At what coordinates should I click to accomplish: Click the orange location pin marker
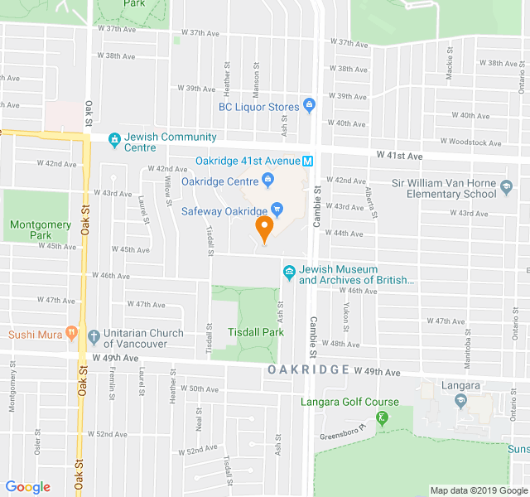(264, 228)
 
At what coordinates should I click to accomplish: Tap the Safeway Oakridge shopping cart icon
(277, 210)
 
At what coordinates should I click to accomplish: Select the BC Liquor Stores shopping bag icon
(309, 105)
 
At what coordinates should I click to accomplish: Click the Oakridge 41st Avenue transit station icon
(307, 161)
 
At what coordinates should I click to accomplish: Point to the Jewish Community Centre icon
(114, 141)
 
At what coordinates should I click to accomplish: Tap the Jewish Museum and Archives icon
(289, 272)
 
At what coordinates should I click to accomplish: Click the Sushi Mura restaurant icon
(71, 335)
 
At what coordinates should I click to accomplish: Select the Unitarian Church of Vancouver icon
(93, 335)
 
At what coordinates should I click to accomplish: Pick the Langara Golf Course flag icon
(381, 417)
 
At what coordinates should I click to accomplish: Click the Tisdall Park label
(256, 333)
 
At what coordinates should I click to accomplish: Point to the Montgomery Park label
(31, 229)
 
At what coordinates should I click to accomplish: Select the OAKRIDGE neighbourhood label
(308, 369)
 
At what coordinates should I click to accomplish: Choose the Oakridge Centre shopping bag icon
(268, 179)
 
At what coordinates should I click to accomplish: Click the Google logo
(28, 487)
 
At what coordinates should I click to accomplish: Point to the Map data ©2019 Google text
(479, 490)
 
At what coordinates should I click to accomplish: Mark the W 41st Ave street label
(399, 156)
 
